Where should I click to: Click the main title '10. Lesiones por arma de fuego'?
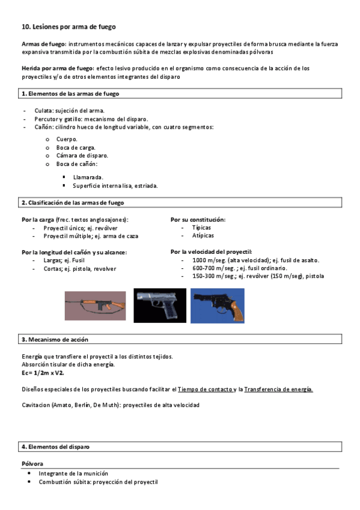coord(69,27)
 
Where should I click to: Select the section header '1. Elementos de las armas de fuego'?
coord(70,94)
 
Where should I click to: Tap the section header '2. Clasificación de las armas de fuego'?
coord(73,203)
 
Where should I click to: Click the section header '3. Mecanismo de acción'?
coord(55,340)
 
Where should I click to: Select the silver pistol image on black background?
coord(160,306)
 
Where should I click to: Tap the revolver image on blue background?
coord(217,306)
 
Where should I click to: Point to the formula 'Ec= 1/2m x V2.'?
coord(43,373)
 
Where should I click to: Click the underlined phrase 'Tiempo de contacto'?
coord(205,389)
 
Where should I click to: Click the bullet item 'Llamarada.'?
coord(88,177)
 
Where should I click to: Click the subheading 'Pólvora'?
coord(33,464)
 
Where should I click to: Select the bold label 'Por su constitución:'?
coord(198,220)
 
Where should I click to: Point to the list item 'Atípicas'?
coord(203,236)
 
